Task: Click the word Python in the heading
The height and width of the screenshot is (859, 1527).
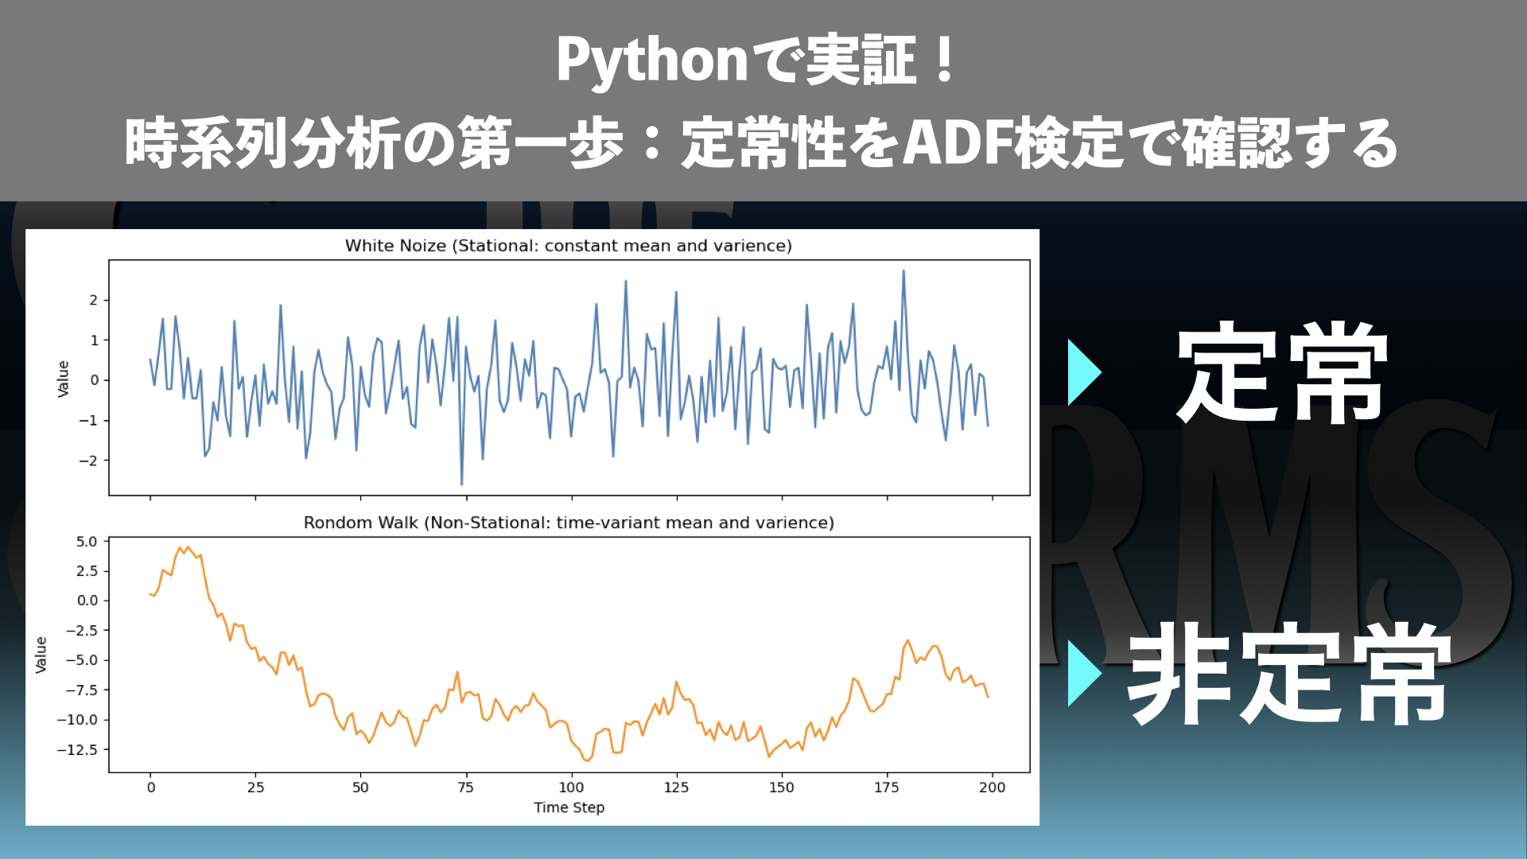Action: coord(651,61)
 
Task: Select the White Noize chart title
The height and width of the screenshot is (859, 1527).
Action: coord(569,246)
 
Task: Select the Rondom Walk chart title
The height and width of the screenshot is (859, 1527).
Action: coord(569,523)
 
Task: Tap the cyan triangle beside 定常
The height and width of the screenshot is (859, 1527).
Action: coord(1084,372)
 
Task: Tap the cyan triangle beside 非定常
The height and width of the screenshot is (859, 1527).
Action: coord(1084,673)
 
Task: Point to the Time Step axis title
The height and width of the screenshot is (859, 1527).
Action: coord(569,807)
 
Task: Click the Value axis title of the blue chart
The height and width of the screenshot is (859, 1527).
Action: coord(64,379)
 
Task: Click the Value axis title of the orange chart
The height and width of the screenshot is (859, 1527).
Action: coord(41,655)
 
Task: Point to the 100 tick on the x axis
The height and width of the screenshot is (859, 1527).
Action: coord(571,787)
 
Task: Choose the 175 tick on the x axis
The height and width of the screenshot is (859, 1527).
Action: coord(887,787)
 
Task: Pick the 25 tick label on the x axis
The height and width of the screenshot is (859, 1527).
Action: coord(255,787)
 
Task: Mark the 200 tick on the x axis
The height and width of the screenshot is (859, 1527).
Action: coord(992,787)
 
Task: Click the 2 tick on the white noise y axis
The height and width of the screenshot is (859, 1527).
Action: coord(94,300)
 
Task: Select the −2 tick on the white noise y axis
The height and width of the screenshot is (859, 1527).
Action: coord(88,461)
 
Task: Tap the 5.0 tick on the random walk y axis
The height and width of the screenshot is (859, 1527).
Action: coord(87,542)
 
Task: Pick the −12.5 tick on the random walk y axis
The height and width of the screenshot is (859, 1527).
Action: coord(77,750)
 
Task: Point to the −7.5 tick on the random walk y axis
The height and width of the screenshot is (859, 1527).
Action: coord(81,690)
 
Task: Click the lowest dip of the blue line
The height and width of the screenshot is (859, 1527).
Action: coord(462,484)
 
